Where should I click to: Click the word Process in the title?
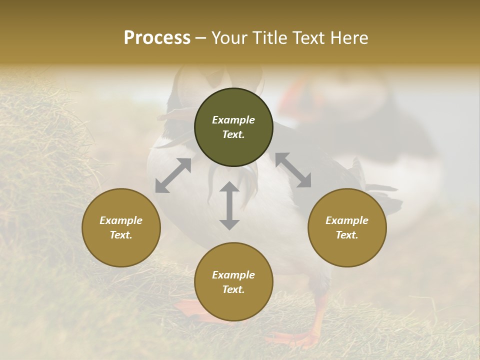coord(157,38)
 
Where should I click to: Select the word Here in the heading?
coord(348,38)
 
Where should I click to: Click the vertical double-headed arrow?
coord(229,205)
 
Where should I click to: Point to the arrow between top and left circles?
coord(173,175)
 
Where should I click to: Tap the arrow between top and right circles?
coord(293,170)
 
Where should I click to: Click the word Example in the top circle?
coord(233,120)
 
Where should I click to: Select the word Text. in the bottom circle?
coord(233,289)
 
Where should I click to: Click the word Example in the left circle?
coord(121,220)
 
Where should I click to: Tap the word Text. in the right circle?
coord(347,235)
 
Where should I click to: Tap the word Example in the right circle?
coord(347,220)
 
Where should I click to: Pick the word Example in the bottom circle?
coord(233,275)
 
